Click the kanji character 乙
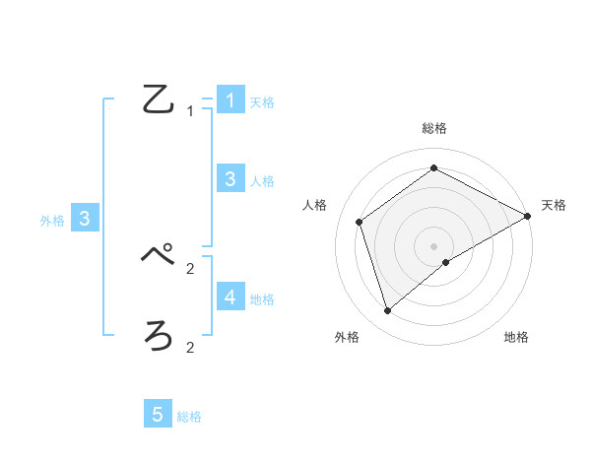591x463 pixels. [x=160, y=100]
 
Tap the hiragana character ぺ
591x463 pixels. [x=160, y=256]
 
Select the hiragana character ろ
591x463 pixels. [x=160, y=336]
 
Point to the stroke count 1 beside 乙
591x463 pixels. [x=190, y=111]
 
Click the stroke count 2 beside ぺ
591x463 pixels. [x=190, y=267]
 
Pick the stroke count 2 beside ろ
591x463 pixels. [x=190, y=347]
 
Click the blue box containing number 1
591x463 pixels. [x=230, y=99]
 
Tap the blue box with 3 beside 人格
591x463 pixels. [x=230, y=178]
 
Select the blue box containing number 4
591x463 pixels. [x=230, y=297]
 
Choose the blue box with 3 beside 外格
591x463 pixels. [x=85, y=219]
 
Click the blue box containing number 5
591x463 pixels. [x=158, y=415]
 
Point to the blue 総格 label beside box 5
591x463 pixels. [x=189, y=417]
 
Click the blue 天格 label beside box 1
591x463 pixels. [x=262, y=101]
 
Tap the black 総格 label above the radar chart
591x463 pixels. [x=434, y=128]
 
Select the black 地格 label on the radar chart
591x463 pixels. [x=516, y=338]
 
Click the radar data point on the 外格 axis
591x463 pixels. [x=388, y=311]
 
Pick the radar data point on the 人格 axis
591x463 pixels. [x=360, y=222]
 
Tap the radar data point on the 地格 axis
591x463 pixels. [x=446, y=262]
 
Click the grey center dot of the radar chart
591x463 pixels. [x=434, y=246]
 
